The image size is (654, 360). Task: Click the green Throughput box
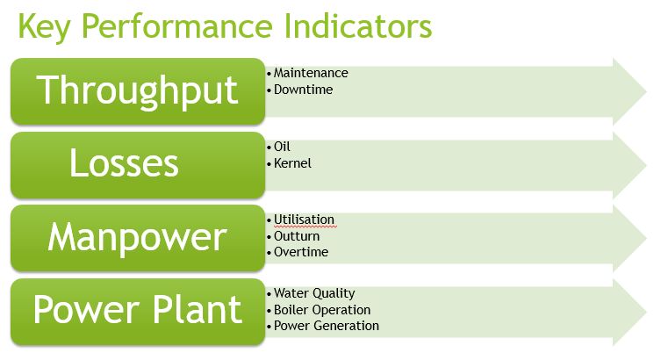[x=138, y=90]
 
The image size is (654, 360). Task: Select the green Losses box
[x=138, y=164]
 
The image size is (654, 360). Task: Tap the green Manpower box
[x=138, y=238]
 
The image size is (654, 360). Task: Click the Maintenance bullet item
[x=311, y=73]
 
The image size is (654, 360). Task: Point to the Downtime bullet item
[x=303, y=89]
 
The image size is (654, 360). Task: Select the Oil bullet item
[x=282, y=147]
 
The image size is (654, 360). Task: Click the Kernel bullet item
[x=292, y=162]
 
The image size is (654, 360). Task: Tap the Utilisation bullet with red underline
[x=304, y=220]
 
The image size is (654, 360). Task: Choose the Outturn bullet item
[x=297, y=235]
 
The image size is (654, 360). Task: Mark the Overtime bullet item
[x=301, y=252]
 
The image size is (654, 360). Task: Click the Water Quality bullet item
[x=314, y=293]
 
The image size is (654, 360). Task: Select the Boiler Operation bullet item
[x=322, y=309]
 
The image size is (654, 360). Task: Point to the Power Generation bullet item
[x=327, y=326]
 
